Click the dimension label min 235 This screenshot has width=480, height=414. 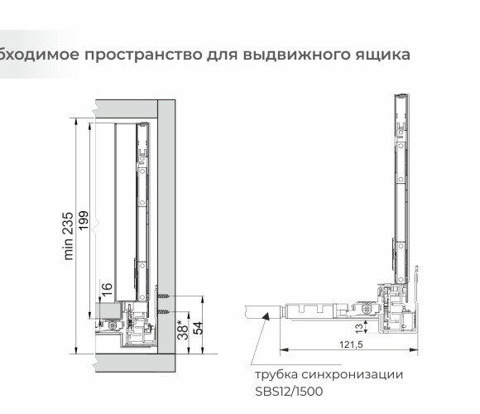click(x=69, y=236)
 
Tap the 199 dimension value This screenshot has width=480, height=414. click(x=84, y=220)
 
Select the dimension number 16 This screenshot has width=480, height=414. click(x=107, y=289)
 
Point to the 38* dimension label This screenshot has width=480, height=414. click(x=184, y=330)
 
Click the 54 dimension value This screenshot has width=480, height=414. click(x=198, y=328)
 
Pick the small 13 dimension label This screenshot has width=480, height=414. click(x=359, y=328)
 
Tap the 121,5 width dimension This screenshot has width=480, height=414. click(x=351, y=344)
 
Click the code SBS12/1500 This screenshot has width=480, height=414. click(x=289, y=392)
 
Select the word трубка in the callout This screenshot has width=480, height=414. click(x=276, y=375)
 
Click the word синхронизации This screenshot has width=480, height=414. click(x=353, y=375)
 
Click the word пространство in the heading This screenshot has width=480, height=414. click(x=143, y=55)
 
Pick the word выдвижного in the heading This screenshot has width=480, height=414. click(x=296, y=55)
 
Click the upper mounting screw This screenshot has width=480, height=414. click(x=164, y=296)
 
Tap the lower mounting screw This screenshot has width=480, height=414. click(x=164, y=311)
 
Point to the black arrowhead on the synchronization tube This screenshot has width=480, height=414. click(x=265, y=316)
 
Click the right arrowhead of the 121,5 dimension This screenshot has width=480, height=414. click(x=414, y=349)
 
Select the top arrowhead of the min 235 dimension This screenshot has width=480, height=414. click(x=76, y=123)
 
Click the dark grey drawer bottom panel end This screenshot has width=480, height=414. click(x=108, y=310)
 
